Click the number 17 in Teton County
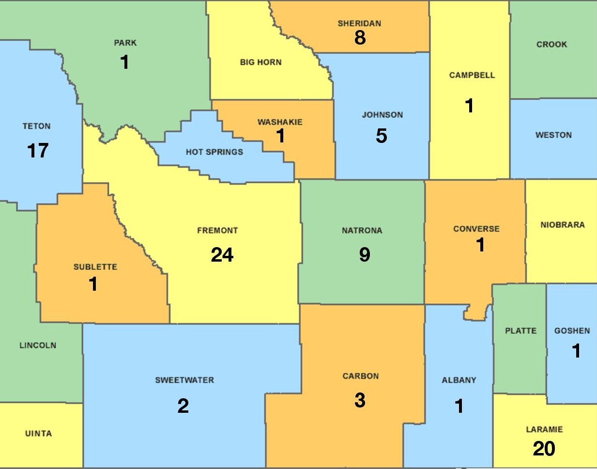(38, 151)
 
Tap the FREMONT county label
(217, 231)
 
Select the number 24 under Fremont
(222, 255)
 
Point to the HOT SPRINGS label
(214, 152)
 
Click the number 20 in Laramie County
(544, 449)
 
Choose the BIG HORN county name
(260, 63)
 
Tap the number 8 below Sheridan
(360, 38)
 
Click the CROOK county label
(551, 45)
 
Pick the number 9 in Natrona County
(365, 254)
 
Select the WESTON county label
(553, 135)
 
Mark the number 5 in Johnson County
(382, 136)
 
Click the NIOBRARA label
(562, 225)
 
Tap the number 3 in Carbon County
(360, 400)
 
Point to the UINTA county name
(38, 434)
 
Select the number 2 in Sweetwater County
(183, 406)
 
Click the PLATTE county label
(520, 331)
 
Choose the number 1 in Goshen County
(576, 351)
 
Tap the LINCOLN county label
(38, 345)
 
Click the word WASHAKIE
(280, 122)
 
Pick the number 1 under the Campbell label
(469, 106)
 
